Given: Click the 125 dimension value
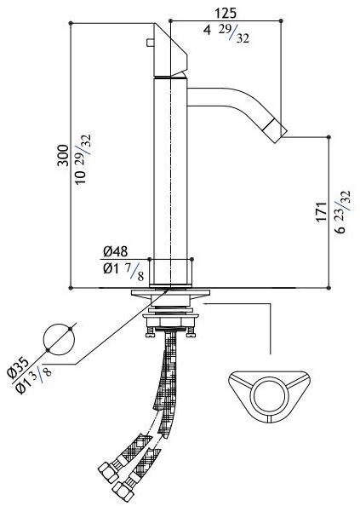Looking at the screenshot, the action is pyautogui.click(x=226, y=14).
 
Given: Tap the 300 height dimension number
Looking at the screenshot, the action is pyautogui.click(x=63, y=156).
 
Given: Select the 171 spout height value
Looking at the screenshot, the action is pyautogui.click(x=322, y=212).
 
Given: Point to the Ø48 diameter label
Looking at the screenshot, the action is pyautogui.click(x=116, y=251).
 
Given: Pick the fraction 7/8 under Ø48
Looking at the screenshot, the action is pyautogui.click(x=137, y=272).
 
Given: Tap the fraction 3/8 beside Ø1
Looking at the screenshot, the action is pyautogui.click(x=42, y=372).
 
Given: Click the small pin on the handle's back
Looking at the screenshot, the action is pyautogui.click(x=150, y=43).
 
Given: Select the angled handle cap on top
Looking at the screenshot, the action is pyautogui.click(x=169, y=50).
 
